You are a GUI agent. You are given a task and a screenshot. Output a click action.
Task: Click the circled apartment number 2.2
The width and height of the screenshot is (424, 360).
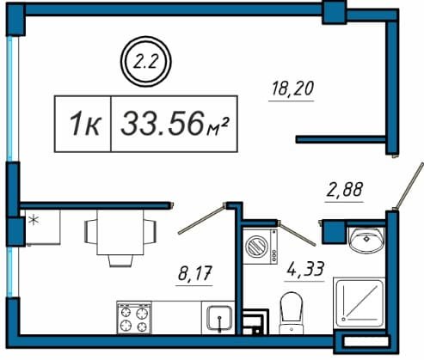pos(145,62)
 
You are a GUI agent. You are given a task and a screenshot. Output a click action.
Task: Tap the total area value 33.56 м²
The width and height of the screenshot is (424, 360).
pos(175,124)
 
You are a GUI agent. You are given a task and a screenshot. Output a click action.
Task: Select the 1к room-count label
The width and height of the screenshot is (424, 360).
pos(85,124)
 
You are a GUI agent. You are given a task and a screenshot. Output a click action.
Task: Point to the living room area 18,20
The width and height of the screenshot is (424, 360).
pos(292,88)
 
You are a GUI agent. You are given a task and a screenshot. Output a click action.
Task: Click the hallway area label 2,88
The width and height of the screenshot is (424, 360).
pos(344,190)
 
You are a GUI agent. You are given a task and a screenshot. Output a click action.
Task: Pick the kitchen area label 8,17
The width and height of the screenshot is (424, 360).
pos(194,273)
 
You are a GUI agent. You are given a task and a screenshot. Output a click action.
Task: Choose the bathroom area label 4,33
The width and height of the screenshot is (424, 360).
pos(305,269)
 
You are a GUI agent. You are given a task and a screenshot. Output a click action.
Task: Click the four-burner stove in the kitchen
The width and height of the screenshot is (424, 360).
pos(134,318)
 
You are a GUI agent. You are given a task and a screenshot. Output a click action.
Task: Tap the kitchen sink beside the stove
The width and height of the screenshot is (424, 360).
pos(219,318)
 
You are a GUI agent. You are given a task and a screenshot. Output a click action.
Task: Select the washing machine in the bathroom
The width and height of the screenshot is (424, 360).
pos(261,246)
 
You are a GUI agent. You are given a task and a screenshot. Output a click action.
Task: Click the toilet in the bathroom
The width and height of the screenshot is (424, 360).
pos(292,313)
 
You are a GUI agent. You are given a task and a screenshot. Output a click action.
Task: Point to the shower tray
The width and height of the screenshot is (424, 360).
pos(359,303)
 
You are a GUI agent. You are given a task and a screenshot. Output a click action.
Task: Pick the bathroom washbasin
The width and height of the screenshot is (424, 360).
pos(366,239)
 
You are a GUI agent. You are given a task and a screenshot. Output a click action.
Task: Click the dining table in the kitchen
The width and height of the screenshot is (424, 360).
pos(120,232)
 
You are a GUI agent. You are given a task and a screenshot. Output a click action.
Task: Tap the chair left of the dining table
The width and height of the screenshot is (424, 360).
pos(90,232)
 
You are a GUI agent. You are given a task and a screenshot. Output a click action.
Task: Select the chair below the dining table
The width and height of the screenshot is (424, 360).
pos(120,260)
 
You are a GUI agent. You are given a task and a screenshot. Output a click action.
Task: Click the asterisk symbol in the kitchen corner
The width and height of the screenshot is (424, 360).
pos(34,220)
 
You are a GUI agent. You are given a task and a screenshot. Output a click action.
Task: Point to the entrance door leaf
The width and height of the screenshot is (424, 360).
pos(409,186)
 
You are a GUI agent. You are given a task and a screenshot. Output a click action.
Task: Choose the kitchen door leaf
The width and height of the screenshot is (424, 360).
pos(201,219)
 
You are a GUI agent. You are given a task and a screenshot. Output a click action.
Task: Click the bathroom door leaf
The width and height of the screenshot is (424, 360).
pos(298,235)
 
